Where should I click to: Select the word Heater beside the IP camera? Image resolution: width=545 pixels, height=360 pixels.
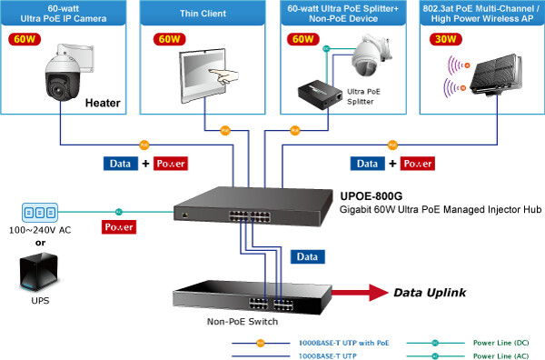[103, 104]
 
